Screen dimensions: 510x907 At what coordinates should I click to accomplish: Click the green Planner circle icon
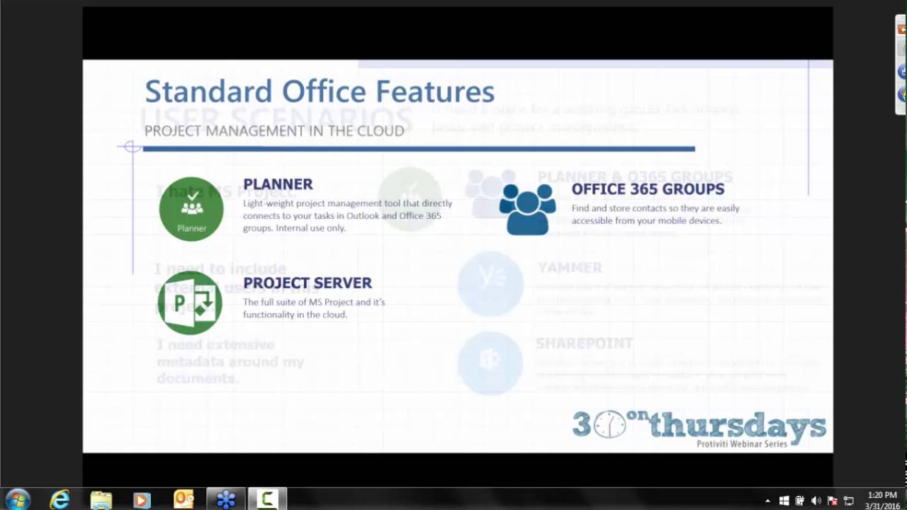(191, 208)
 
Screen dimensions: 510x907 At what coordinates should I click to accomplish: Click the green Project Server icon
(190, 303)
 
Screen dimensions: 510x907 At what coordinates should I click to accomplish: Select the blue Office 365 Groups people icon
(527, 209)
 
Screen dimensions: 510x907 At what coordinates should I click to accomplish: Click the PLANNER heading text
(278, 184)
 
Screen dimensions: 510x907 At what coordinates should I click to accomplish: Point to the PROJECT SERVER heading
(307, 283)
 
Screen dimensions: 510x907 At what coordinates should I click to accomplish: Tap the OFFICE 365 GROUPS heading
(648, 189)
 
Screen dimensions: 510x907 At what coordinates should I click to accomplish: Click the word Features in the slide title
(435, 91)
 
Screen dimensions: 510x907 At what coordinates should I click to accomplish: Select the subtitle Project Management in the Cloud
(274, 131)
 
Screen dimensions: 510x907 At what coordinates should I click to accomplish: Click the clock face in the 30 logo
(609, 424)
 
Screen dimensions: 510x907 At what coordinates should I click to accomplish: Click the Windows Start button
(18, 499)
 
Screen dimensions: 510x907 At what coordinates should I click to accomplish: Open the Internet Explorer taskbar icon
(60, 499)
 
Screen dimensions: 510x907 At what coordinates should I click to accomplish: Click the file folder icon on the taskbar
(101, 499)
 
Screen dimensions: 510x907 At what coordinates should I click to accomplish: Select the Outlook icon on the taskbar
(184, 499)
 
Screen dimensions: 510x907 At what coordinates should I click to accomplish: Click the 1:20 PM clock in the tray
(881, 495)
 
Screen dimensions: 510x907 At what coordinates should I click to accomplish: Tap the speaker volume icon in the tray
(816, 501)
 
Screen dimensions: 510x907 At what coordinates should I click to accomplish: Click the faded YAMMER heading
(570, 268)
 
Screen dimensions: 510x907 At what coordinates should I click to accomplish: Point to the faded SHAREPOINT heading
(584, 344)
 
